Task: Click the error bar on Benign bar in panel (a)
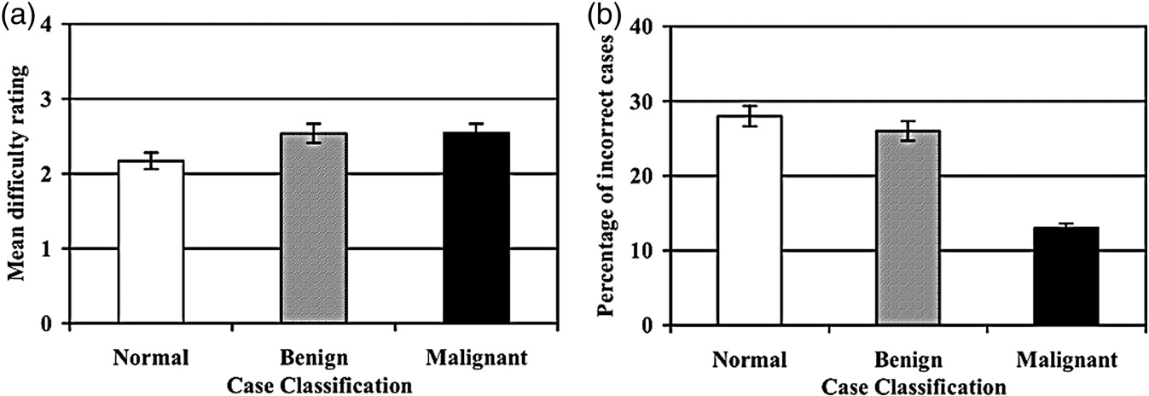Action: point(313,132)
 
